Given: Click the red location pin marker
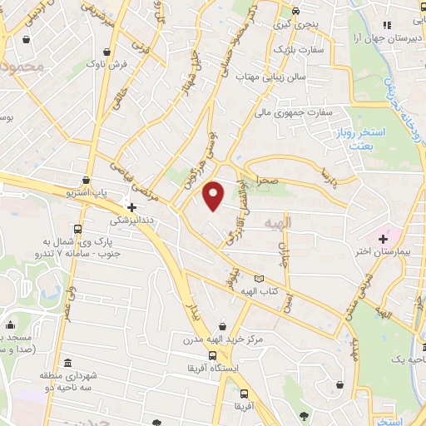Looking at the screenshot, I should pos(214,196).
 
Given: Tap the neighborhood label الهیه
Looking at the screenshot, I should pos(280,223).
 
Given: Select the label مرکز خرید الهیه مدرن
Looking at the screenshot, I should pos(223,340).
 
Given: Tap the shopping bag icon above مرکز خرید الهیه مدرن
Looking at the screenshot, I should pos(222,327).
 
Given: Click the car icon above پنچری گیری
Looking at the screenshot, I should pos(295,11).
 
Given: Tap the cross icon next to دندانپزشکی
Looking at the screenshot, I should pos(131,206).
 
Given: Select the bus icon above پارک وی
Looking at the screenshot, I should pos(77,229).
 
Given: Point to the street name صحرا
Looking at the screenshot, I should pos(267,178).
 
